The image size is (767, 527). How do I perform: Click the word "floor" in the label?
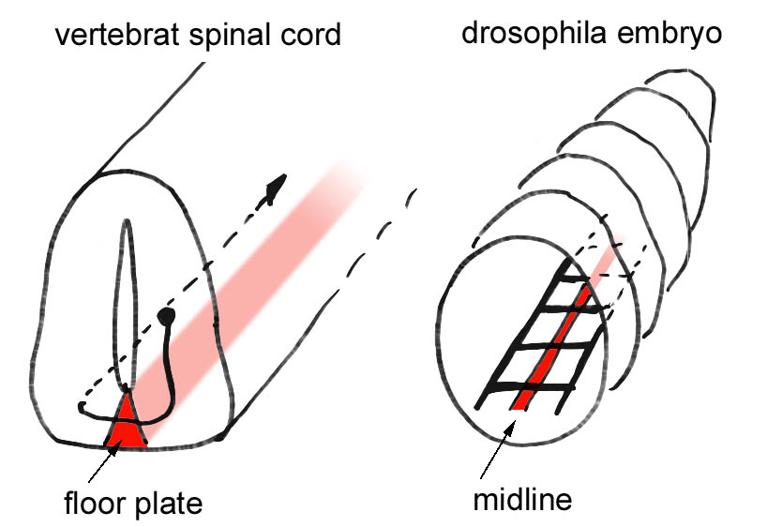click(97, 502)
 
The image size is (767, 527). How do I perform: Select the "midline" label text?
click(521, 497)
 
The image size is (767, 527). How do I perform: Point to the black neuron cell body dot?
click(167, 316)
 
